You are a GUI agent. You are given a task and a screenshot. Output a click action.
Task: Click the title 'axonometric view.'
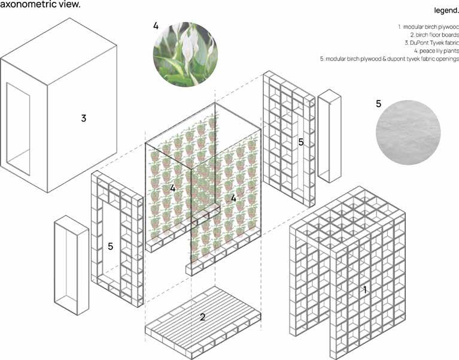coord(41,4)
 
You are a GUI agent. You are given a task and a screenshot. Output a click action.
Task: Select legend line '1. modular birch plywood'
coord(427,28)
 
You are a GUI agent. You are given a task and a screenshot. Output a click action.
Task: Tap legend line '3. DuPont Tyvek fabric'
coord(430,43)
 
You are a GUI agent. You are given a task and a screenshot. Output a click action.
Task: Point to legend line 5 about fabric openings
coord(390,59)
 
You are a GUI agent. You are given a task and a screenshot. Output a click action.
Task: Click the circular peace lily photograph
coord(186,53)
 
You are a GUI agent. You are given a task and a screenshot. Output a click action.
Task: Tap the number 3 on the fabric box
coord(84,118)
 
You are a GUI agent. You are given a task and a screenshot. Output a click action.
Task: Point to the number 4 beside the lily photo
coord(156,26)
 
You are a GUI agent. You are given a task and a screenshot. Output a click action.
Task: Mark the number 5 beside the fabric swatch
coord(378,104)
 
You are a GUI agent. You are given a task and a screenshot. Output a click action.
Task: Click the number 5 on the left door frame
coord(111,246)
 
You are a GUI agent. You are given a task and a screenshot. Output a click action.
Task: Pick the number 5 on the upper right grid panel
coord(301,143)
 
